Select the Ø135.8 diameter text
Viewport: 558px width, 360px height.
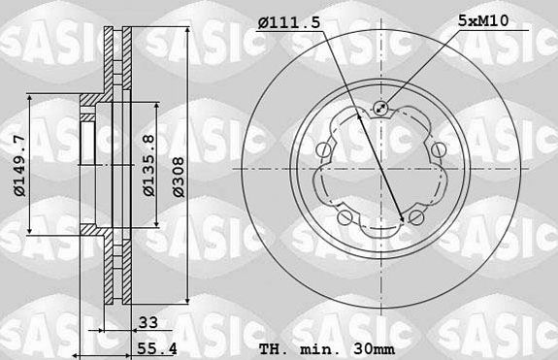click(148, 165)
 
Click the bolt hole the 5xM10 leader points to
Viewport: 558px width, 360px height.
click(380, 109)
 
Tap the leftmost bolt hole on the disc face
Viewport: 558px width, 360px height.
click(325, 149)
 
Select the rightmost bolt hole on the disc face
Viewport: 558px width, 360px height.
click(437, 149)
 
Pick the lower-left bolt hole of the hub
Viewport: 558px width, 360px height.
click(346, 215)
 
